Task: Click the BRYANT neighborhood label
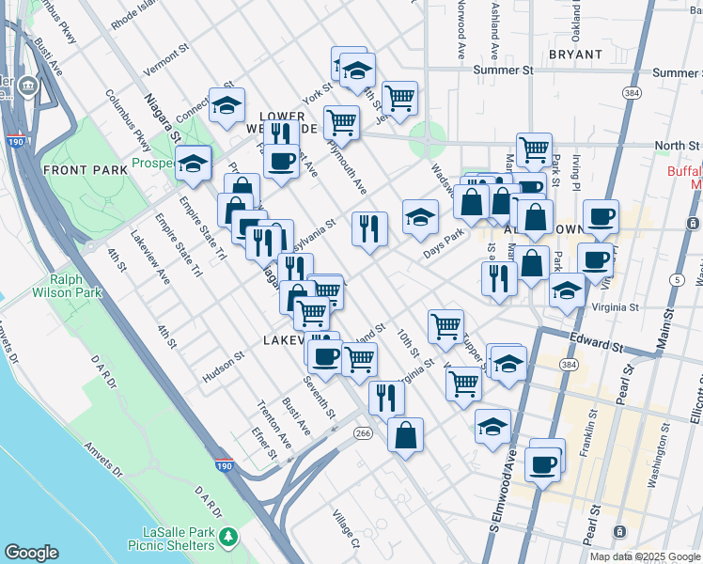(575, 55)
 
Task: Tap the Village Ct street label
(344, 529)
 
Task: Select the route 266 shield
(364, 432)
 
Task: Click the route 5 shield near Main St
(677, 279)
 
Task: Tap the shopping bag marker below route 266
(405, 435)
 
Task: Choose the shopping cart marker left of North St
(534, 149)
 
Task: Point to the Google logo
(31, 553)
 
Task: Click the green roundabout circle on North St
(428, 144)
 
